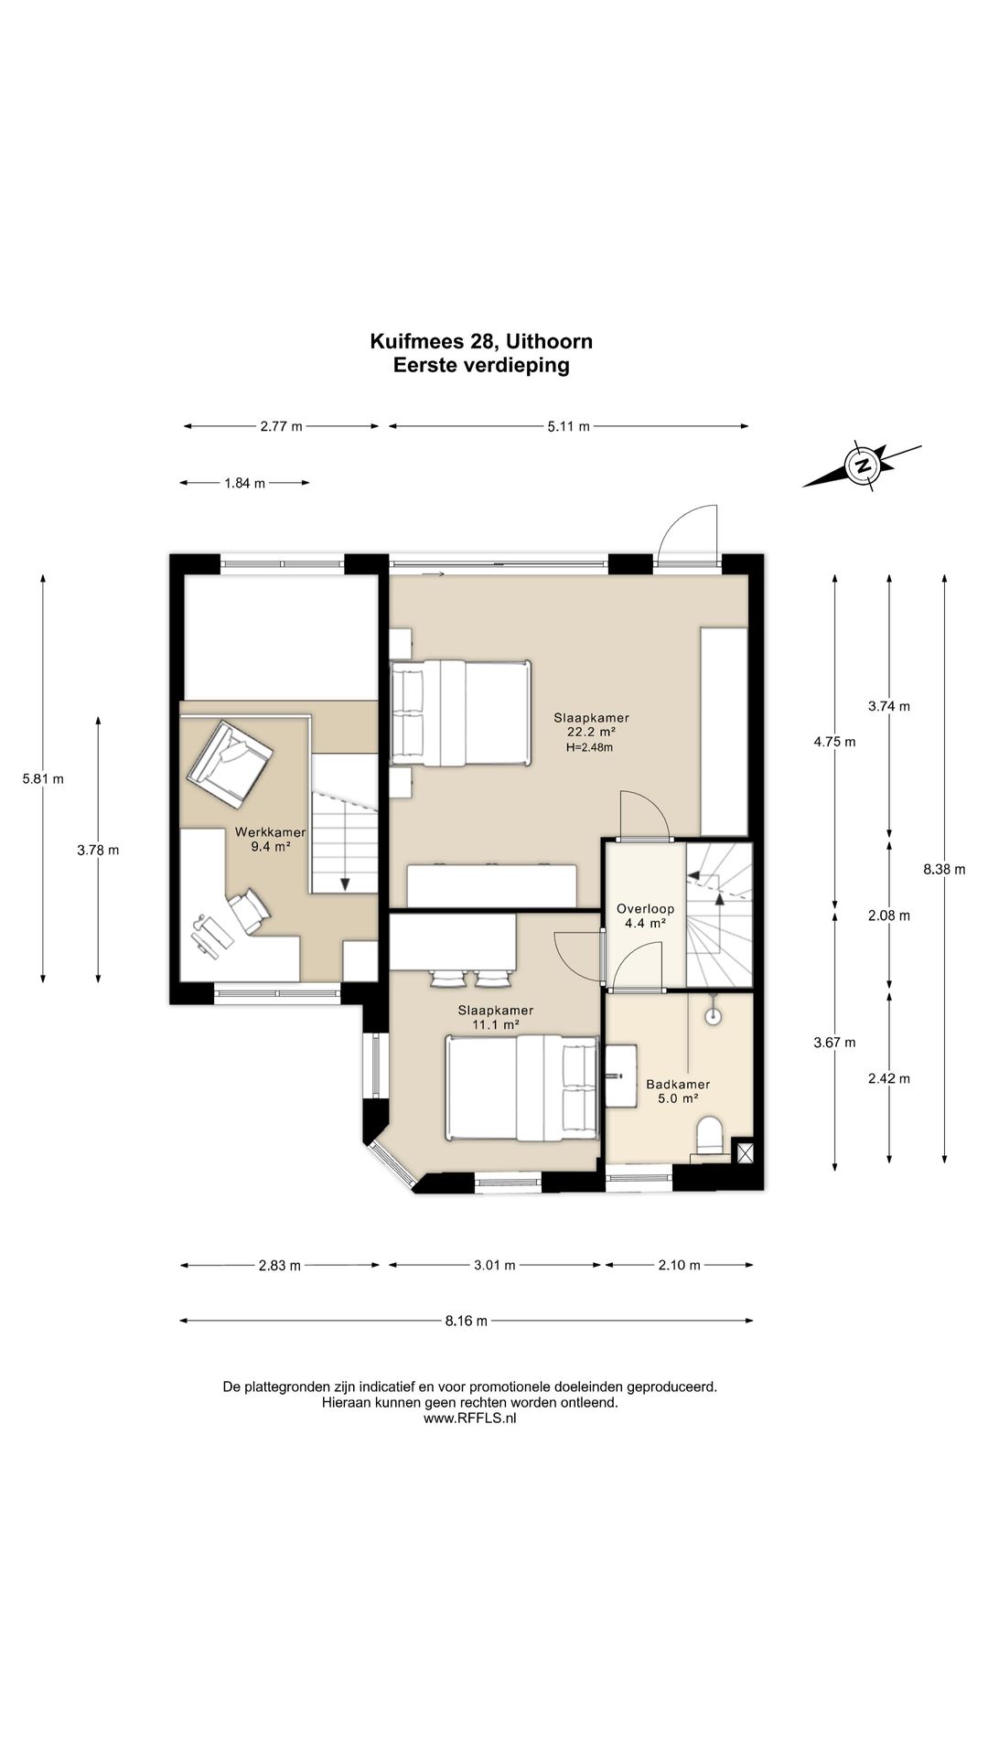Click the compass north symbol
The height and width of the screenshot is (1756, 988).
(x=862, y=466)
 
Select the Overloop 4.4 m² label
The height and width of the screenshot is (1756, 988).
(x=645, y=915)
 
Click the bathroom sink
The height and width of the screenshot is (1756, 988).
(x=619, y=1077)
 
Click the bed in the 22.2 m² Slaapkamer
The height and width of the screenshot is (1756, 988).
(x=461, y=712)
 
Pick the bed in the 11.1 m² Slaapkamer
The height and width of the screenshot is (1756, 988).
(x=522, y=1087)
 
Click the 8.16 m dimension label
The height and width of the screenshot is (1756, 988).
(x=467, y=1320)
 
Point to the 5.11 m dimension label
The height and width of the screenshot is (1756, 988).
(x=568, y=425)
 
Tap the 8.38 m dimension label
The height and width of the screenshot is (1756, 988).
(x=944, y=870)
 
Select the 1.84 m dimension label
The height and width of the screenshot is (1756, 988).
(x=244, y=483)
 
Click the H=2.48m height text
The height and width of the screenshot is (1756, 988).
(x=590, y=747)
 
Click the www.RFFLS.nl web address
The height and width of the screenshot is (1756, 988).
(x=469, y=1418)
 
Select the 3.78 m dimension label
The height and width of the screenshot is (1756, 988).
(x=99, y=850)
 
